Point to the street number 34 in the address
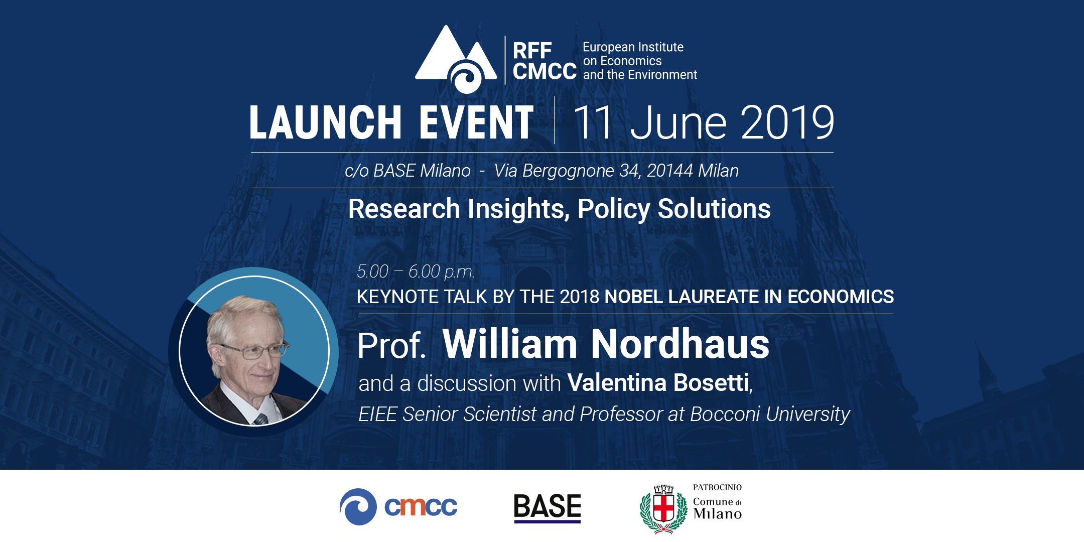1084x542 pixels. click(x=629, y=171)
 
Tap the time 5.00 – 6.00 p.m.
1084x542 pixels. click(x=416, y=272)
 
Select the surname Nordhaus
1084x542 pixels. click(x=680, y=344)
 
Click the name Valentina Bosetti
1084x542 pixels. click(x=658, y=382)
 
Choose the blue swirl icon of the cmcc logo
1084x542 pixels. click(x=358, y=507)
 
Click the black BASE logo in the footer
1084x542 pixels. click(x=547, y=507)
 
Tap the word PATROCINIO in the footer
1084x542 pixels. click(x=717, y=487)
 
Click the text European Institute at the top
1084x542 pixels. click(x=633, y=47)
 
